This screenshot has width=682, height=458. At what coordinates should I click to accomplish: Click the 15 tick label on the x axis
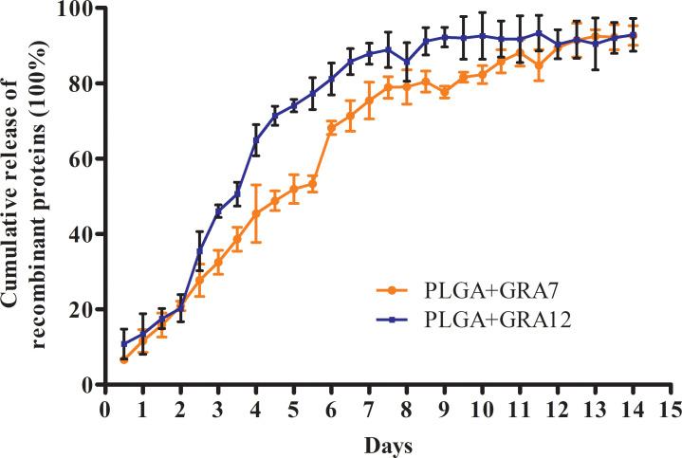(x=672, y=410)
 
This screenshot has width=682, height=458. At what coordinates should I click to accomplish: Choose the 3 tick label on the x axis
(x=218, y=410)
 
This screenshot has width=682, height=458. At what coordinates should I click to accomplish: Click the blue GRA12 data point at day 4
(x=256, y=140)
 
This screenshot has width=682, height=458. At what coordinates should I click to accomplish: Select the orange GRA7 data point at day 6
(x=331, y=128)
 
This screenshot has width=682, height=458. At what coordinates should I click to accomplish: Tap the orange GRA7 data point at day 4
(x=256, y=213)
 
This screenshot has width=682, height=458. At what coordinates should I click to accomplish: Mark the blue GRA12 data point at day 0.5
(x=123, y=344)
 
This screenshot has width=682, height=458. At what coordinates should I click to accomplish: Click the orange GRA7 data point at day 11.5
(x=539, y=65)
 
